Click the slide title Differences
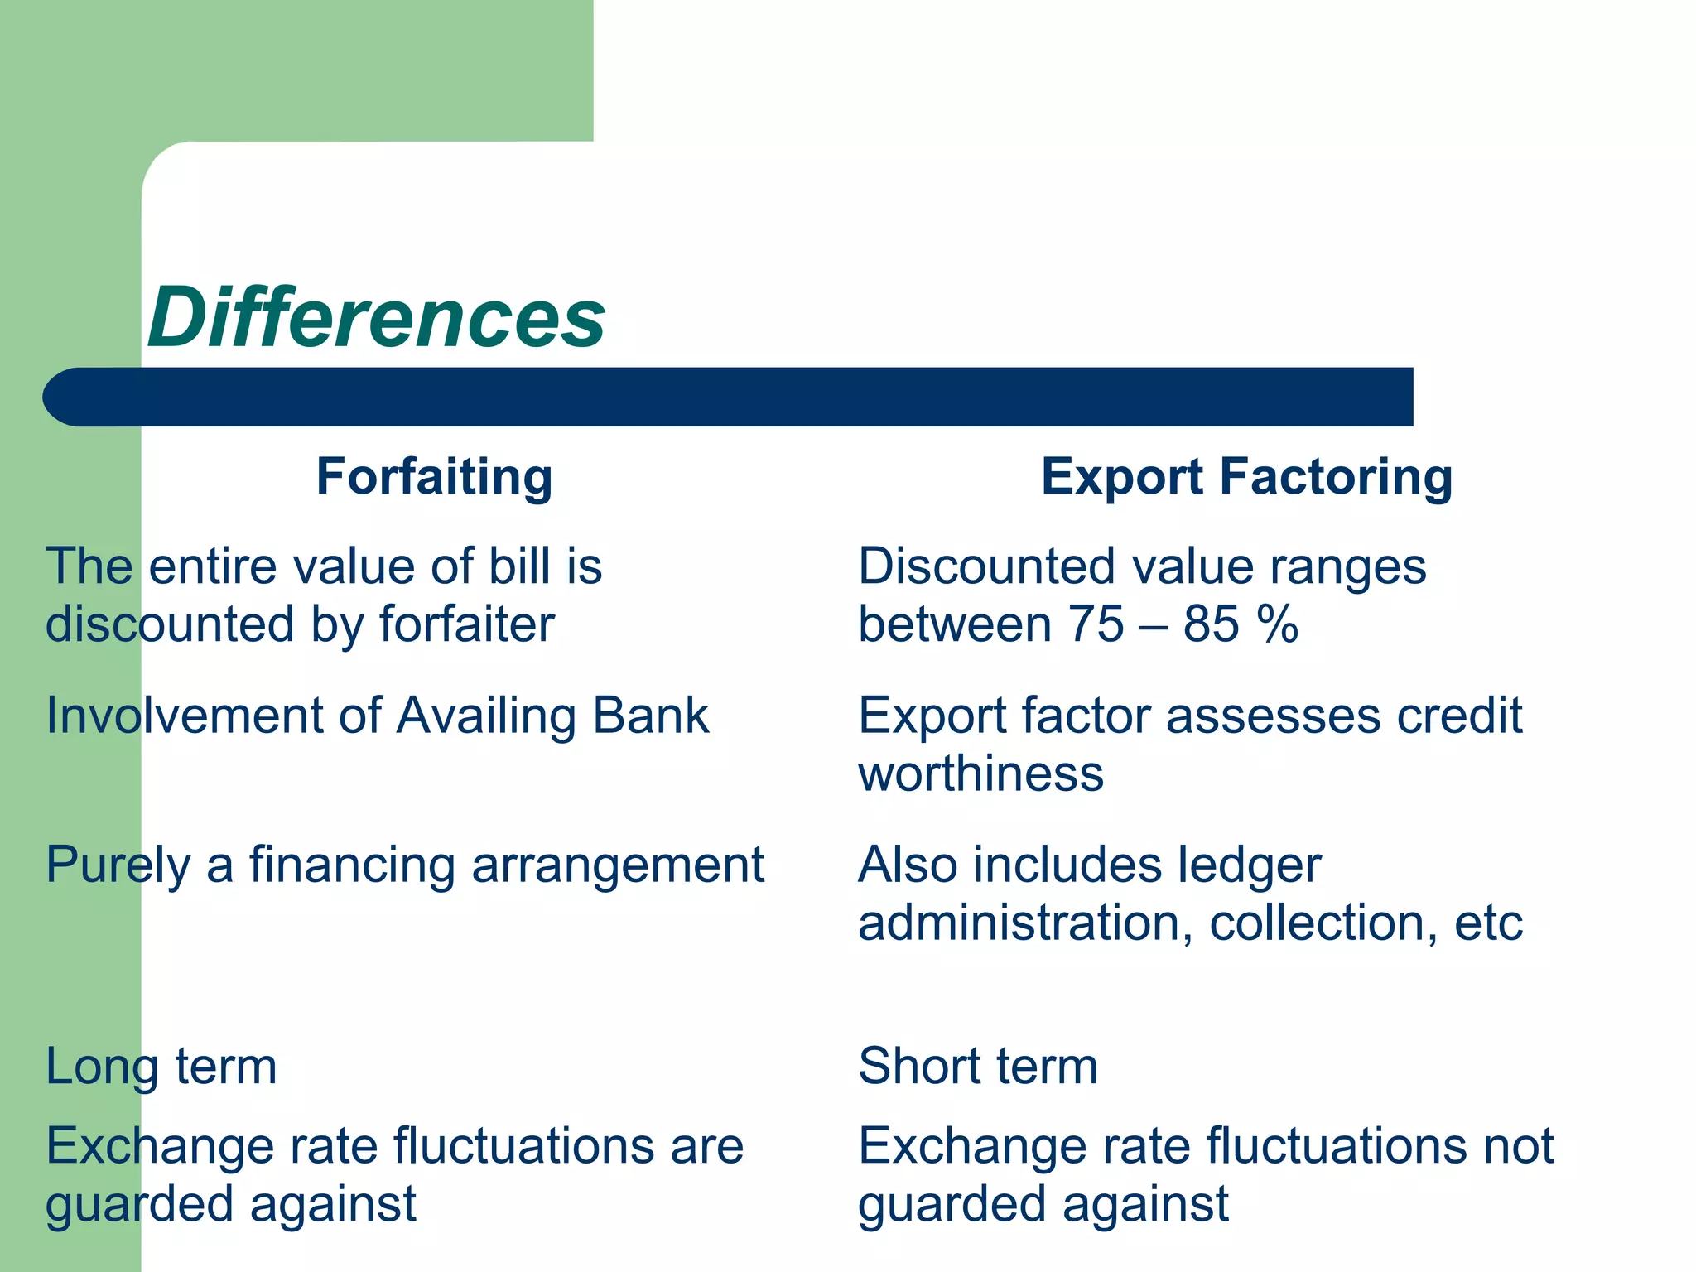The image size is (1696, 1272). pyautogui.click(x=377, y=318)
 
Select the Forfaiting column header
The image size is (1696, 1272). pyautogui.click(x=434, y=477)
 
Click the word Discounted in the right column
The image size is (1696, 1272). pyautogui.click(x=986, y=566)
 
